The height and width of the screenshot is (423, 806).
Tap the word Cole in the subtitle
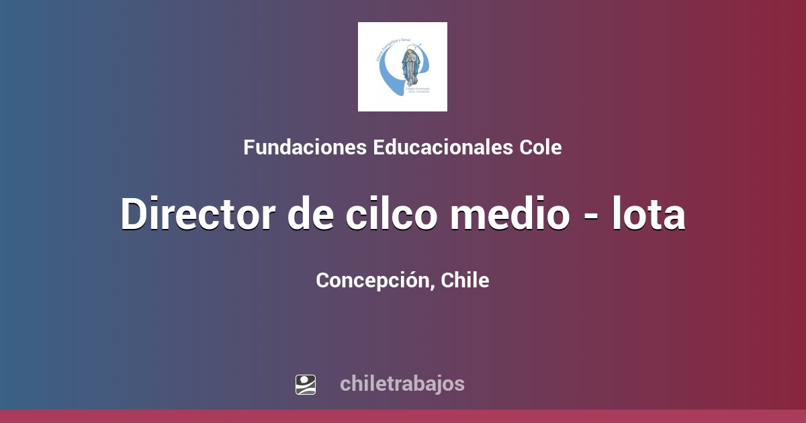pos(541,148)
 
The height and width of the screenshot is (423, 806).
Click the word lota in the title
pos(650,215)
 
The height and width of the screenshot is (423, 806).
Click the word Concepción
pos(373,281)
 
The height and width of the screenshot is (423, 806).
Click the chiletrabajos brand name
pos(402,384)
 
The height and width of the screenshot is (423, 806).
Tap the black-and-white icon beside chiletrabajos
pos(306,384)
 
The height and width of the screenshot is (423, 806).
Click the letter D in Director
pos(134,215)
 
